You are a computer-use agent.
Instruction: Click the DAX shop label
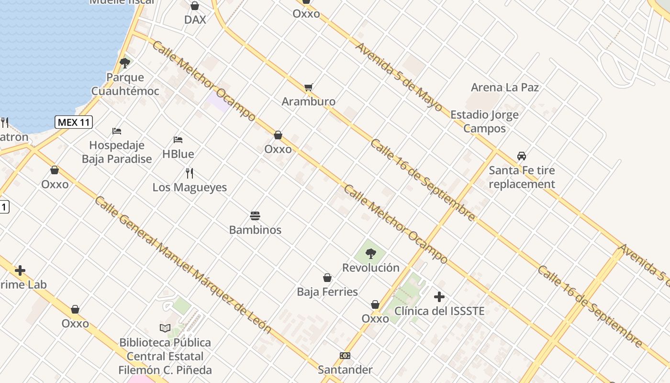(x=195, y=20)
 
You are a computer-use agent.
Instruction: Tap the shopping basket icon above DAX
(x=195, y=6)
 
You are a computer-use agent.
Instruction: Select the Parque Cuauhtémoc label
(x=125, y=84)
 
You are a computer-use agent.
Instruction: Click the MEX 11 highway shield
(x=74, y=122)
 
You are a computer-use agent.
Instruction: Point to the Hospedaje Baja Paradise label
(x=117, y=152)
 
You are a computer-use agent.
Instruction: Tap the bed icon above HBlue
(x=178, y=140)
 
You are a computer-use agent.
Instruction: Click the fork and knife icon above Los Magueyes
(x=190, y=173)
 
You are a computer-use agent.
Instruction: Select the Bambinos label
(x=255, y=230)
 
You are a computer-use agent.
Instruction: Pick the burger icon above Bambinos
(x=255, y=216)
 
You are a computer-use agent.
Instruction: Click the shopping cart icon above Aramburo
(x=309, y=88)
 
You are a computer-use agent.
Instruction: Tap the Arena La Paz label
(x=505, y=87)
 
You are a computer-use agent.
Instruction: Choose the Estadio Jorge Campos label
(x=484, y=122)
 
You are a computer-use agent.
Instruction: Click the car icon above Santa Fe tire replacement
(x=522, y=156)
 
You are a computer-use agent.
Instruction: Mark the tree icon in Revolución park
(x=370, y=254)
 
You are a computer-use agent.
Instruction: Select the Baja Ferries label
(x=327, y=292)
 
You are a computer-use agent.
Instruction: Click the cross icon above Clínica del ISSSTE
(x=439, y=297)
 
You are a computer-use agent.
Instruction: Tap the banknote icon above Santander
(x=345, y=356)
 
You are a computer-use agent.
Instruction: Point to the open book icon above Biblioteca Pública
(x=165, y=328)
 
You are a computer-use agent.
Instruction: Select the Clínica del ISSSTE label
(x=439, y=311)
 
